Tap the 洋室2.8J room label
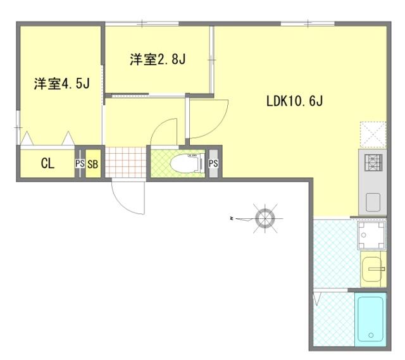tap(158, 59)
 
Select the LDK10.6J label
tap(294, 101)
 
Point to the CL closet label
tap(48, 163)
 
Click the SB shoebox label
tap(93, 164)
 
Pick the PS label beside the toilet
tap(213, 163)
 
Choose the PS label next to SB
tap(80, 163)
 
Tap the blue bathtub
tap(371, 320)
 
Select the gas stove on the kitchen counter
tap(373, 163)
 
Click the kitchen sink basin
tap(373, 202)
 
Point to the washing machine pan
tap(371, 235)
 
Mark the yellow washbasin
tap(371, 270)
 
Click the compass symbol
tap(265, 218)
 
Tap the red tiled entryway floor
tap(126, 162)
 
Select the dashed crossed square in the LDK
tap(373, 134)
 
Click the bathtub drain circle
tap(371, 335)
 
